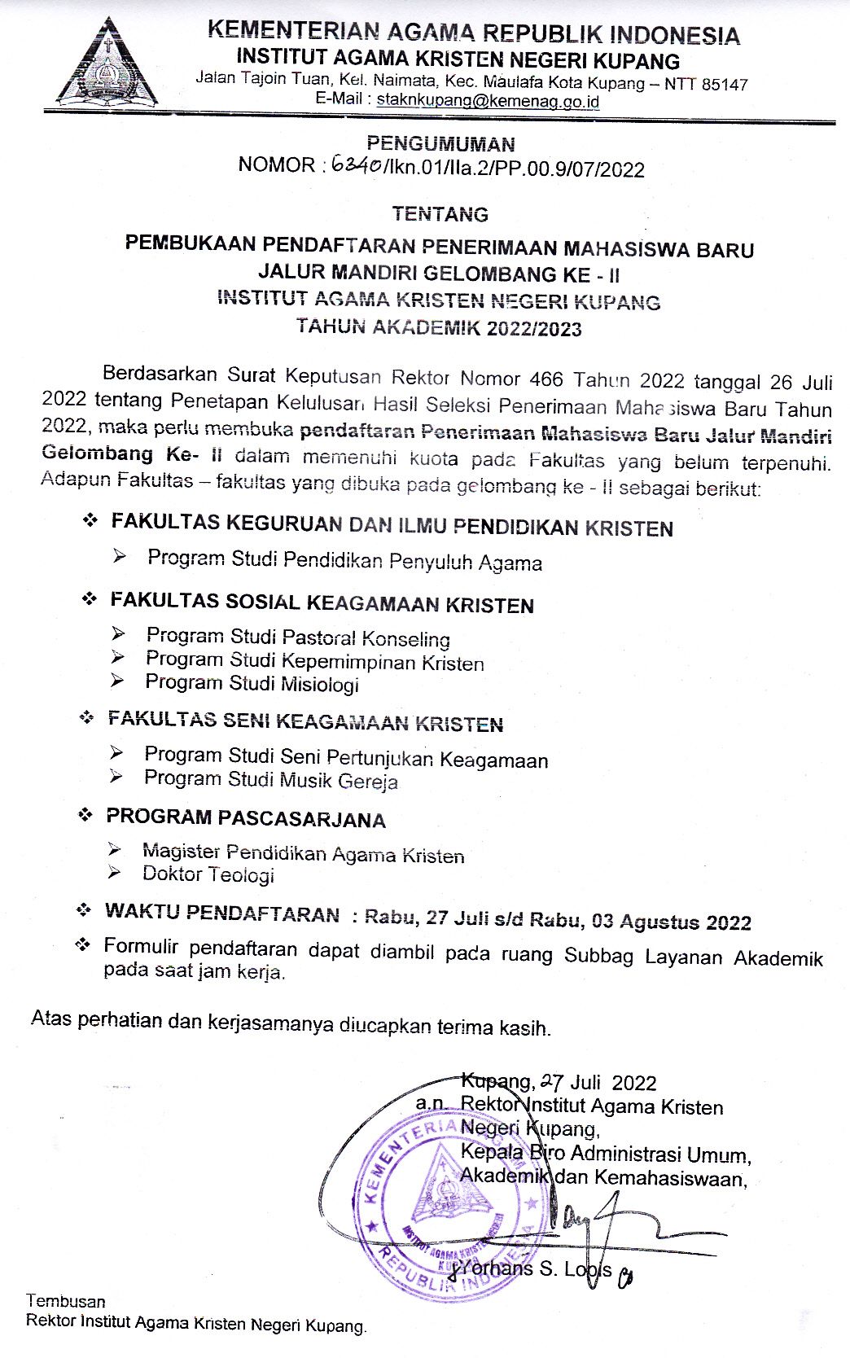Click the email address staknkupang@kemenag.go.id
pyautogui.click(x=486, y=101)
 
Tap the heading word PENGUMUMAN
pyautogui.click(x=440, y=144)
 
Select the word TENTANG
pyautogui.click(x=440, y=214)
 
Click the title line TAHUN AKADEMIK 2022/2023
pyautogui.click(x=439, y=328)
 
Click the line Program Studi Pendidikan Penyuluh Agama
pyautogui.click(x=344, y=561)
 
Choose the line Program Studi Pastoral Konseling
pyautogui.click(x=298, y=637)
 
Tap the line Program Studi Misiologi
pyautogui.click(x=252, y=684)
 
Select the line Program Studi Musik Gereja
pyautogui.click(x=271, y=780)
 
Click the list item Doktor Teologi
pyautogui.click(x=208, y=874)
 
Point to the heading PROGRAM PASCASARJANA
pyautogui.click(x=246, y=817)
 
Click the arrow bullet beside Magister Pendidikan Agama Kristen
pyautogui.click(x=116, y=849)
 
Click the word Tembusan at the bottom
pyautogui.click(x=65, y=1301)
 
